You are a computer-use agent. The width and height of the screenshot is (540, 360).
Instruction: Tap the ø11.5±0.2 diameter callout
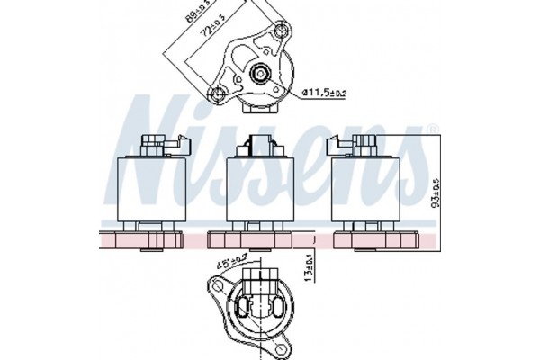point(324,91)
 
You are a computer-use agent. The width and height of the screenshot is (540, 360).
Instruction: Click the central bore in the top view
point(260,75)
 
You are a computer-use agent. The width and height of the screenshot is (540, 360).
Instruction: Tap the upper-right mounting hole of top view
point(283,33)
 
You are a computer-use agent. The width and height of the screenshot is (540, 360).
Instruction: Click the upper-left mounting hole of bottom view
point(218,288)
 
